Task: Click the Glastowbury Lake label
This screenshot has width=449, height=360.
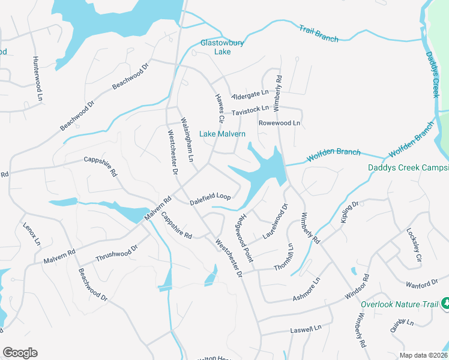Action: pyautogui.click(x=215, y=47)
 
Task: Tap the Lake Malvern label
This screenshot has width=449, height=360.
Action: pyautogui.click(x=222, y=134)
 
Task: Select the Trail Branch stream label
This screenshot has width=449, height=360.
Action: pyautogui.click(x=319, y=33)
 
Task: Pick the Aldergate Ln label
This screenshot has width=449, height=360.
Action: pyautogui.click(x=251, y=95)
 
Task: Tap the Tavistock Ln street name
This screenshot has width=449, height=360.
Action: pyautogui.click(x=250, y=110)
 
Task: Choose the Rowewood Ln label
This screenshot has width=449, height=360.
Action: pyautogui.click(x=279, y=123)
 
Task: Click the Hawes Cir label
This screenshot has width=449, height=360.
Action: pyautogui.click(x=220, y=105)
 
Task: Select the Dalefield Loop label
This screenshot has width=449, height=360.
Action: pyautogui.click(x=210, y=196)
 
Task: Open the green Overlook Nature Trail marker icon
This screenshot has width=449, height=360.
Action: pyautogui.click(x=445, y=304)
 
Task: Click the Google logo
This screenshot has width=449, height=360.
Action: pyautogui.click(x=20, y=353)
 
